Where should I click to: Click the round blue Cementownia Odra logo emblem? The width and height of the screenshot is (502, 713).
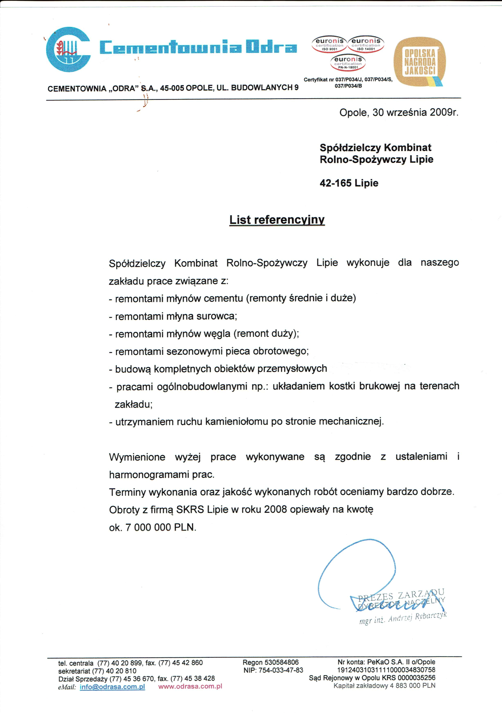[68, 50]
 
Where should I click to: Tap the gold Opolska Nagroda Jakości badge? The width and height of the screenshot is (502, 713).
[419, 62]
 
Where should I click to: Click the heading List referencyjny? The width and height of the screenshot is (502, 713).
[277, 220]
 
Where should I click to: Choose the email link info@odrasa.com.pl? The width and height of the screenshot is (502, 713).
[112, 687]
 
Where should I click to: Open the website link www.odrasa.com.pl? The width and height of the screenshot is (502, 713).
[190, 686]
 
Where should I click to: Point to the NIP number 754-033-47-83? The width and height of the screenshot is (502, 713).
[281, 670]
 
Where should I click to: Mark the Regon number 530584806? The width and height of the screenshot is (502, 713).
[281, 662]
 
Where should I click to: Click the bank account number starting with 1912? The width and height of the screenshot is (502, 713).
[386, 670]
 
